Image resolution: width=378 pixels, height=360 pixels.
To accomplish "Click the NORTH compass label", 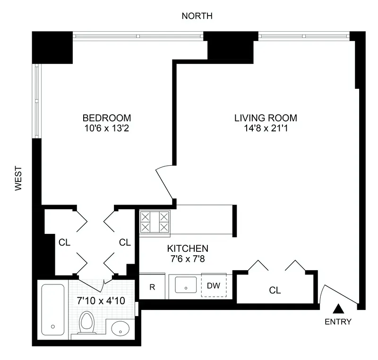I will point(197,16).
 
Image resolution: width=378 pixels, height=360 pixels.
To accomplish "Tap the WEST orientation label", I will point(18,178).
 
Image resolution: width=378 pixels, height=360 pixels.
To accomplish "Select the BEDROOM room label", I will point(107,118).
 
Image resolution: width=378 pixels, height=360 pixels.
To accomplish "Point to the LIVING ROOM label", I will point(266,118).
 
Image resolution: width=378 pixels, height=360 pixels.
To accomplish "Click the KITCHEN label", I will point(188,248).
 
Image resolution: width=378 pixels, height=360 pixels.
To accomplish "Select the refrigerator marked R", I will point(152,286).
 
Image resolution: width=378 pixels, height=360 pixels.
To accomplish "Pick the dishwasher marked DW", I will point(214,286).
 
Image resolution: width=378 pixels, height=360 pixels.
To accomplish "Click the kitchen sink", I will point(186,285).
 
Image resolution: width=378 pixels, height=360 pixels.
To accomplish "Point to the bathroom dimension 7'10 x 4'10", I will point(101,300).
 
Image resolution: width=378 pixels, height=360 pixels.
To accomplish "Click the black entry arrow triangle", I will point(338,309).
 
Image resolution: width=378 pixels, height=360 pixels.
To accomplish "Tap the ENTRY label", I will point(338,322).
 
